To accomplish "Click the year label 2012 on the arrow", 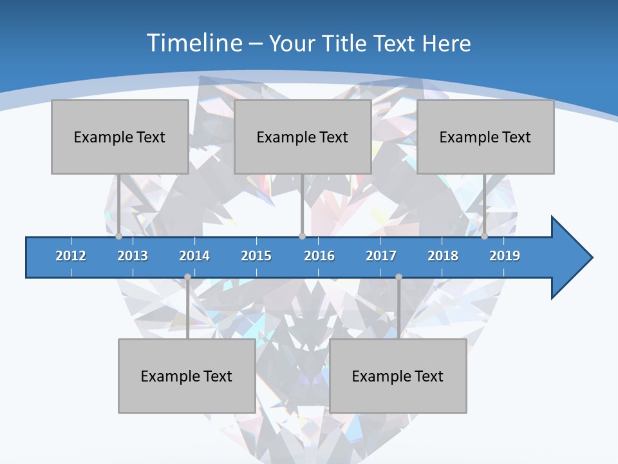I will coord(71,256).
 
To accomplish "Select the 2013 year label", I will coord(133,256).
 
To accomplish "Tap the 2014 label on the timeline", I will coord(194,256).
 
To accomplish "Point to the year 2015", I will coord(256,256).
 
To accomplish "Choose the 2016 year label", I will coord(319,256).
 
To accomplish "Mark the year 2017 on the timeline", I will coord(381,256).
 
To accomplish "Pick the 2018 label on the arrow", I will coord(443,256).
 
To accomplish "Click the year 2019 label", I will coord(505,256).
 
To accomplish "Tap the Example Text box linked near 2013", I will coord(120,137).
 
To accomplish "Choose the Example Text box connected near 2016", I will coord(303,137).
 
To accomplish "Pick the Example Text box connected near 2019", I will coord(485,137).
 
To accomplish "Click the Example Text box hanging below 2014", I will coord(187,376).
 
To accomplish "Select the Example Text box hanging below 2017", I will coord(398,376).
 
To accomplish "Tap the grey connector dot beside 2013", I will coord(118,237).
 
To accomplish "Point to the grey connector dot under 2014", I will coord(187,277).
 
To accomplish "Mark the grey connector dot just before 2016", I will coord(302,237).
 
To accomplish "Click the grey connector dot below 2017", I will coord(398,277).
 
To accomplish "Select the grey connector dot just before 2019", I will coord(484,237).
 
